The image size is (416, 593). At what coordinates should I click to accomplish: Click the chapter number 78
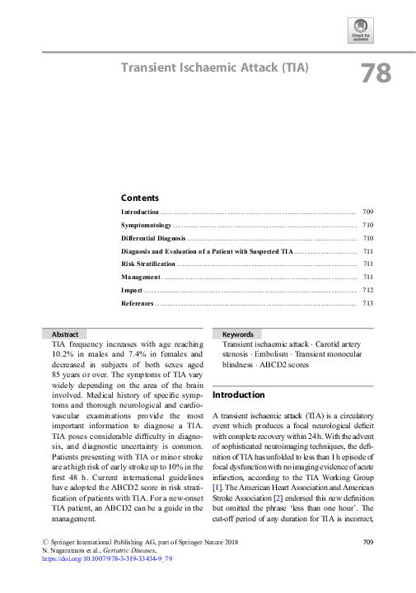point(375,73)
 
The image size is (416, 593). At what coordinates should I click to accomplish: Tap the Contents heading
point(139,198)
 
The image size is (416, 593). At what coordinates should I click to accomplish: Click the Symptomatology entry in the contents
point(146,225)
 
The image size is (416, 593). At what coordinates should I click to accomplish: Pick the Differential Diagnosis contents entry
point(152,238)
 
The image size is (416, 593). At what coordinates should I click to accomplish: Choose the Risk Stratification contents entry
point(148,264)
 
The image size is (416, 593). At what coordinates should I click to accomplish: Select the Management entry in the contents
point(141,278)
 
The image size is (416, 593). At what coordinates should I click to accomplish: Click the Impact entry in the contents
point(133,291)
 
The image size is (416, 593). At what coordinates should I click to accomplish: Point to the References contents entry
point(138,304)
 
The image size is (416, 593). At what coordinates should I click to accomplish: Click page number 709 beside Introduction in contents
point(368,212)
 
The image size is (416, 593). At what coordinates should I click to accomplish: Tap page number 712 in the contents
point(368,291)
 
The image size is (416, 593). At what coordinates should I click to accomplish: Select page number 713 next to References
point(368,304)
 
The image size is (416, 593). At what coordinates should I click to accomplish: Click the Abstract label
point(65,334)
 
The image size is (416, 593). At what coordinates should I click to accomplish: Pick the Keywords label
point(238,334)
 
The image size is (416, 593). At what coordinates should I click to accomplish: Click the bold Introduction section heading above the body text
point(239,395)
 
